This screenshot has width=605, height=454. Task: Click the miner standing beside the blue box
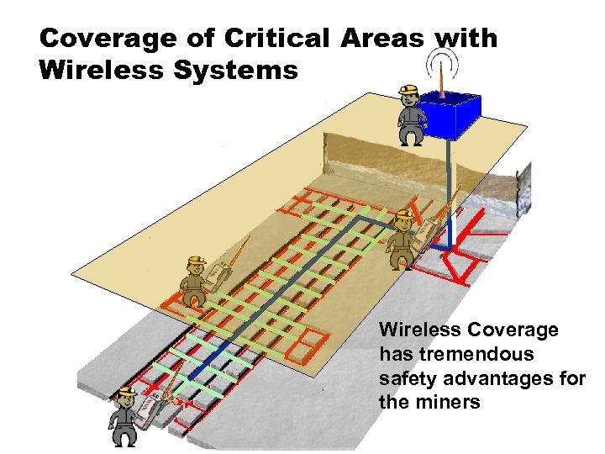coord(410,115)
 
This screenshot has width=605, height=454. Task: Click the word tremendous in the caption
coord(456,355)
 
